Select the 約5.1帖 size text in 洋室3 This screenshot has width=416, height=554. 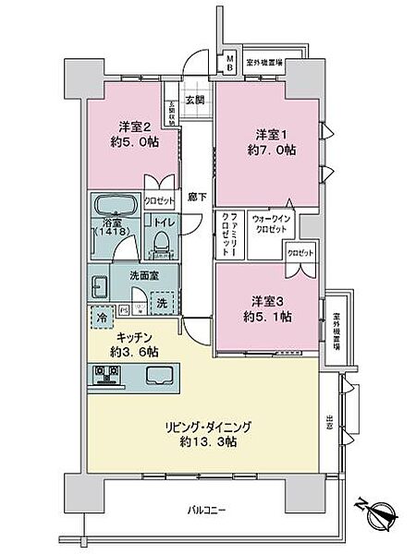click(x=269, y=315)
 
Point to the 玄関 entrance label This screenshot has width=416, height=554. click(x=193, y=100)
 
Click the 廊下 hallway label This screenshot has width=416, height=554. click(x=195, y=196)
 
